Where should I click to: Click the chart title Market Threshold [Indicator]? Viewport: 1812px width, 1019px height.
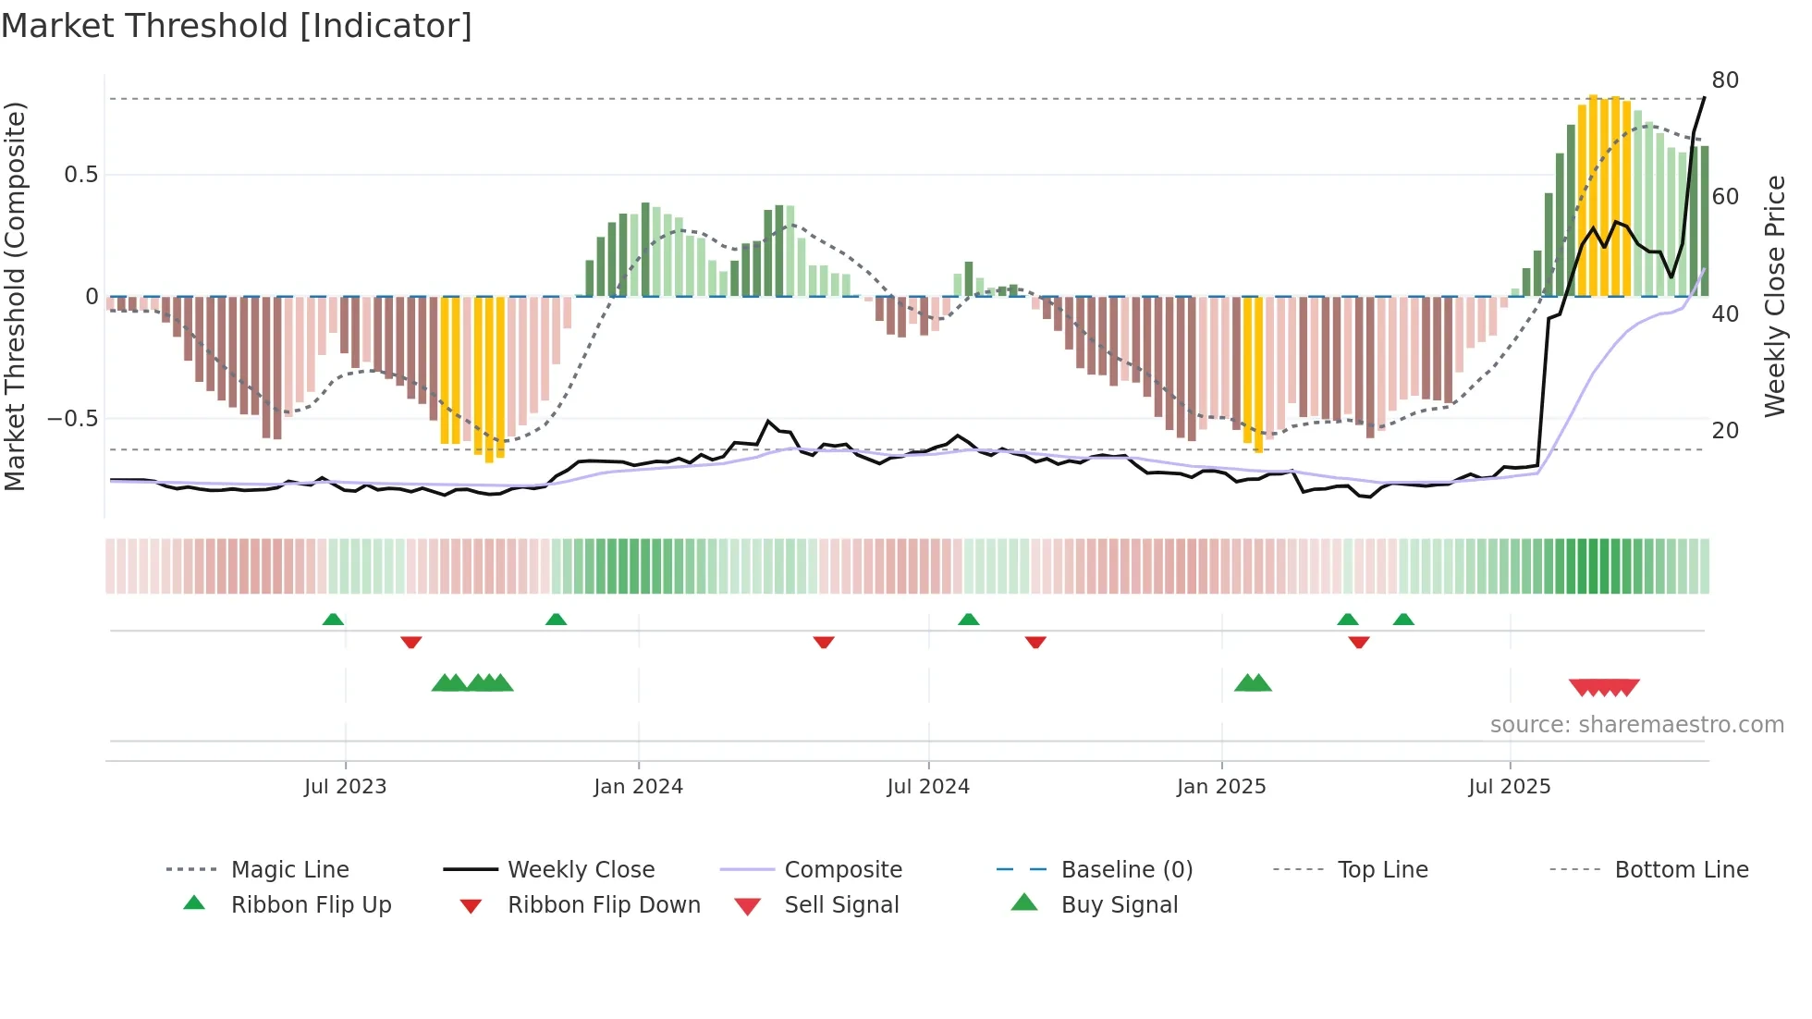237,26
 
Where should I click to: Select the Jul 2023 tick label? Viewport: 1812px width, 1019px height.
345,787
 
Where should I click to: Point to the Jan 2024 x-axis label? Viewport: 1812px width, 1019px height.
638,787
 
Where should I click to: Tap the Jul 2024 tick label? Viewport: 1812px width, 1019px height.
928,787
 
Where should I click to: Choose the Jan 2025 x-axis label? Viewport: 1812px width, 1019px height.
1221,787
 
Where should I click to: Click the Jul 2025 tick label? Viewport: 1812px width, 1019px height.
1510,787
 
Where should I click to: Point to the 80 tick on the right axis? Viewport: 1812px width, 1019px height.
1725,80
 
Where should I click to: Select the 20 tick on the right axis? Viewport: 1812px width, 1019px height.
1725,430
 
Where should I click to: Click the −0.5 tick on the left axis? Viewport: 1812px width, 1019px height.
73,419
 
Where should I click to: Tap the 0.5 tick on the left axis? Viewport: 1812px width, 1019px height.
80,175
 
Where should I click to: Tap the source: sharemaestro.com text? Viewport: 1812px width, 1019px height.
1636,725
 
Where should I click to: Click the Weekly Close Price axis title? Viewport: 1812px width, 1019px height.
1774,296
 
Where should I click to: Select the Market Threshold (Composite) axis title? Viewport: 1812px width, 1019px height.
15,296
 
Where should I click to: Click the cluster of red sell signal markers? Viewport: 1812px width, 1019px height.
1604,687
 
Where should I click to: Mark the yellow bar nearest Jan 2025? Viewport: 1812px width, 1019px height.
1253,374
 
